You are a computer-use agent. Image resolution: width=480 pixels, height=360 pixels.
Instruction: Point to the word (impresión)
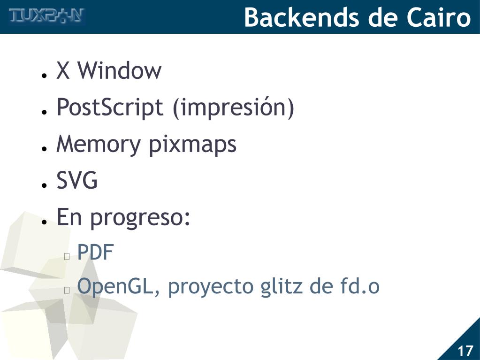233,108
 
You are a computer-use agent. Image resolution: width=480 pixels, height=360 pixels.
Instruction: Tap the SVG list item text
77,181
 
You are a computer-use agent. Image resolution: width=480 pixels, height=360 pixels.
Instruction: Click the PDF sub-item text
95,253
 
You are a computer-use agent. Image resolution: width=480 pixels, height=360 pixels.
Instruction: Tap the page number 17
465,351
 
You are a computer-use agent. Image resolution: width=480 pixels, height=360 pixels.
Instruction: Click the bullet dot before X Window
43,75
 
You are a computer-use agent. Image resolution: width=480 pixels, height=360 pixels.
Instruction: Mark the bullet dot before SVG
43,185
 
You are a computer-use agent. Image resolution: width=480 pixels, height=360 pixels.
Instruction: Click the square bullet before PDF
67,256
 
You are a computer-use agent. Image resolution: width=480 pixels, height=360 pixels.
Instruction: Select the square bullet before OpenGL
67,290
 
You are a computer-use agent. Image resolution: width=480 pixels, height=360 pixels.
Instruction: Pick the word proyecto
210,288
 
